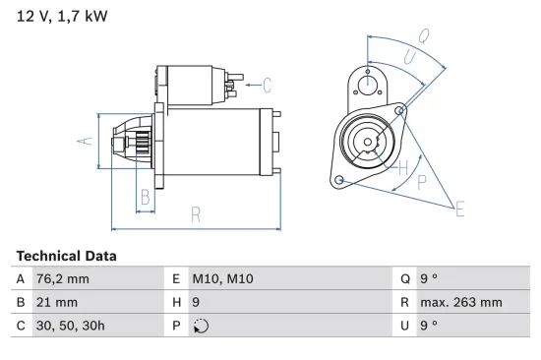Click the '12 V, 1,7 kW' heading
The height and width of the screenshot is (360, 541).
point(61,16)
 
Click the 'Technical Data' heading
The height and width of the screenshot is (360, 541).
point(66,256)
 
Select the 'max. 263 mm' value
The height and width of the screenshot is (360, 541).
point(460,303)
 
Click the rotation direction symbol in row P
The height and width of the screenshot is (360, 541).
point(203,327)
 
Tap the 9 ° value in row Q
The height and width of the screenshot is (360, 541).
point(429,279)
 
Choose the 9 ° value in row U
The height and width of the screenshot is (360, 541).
point(429,327)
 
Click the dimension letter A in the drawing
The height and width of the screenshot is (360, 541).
point(86,142)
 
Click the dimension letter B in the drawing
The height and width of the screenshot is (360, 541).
point(144,196)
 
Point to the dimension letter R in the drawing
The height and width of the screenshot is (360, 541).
point(196,213)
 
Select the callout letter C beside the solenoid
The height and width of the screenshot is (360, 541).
point(267,85)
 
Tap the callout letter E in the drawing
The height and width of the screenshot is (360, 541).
point(458,208)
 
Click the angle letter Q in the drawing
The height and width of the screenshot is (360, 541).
point(423,35)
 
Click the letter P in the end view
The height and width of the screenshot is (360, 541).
point(421,182)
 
